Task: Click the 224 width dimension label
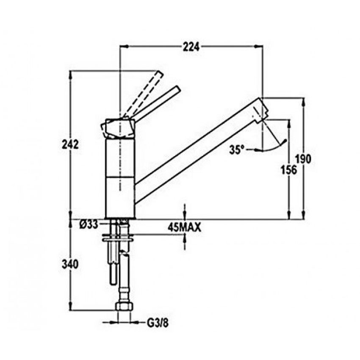(191, 47)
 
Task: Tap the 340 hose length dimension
(70, 264)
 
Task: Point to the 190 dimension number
(304, 159)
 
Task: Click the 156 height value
(289, 169)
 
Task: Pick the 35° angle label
(237, 149)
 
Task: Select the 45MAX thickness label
(184, 227)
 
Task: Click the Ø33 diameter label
(88, 223)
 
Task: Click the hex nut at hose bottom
(123, 307)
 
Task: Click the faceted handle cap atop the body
(118, 128)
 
